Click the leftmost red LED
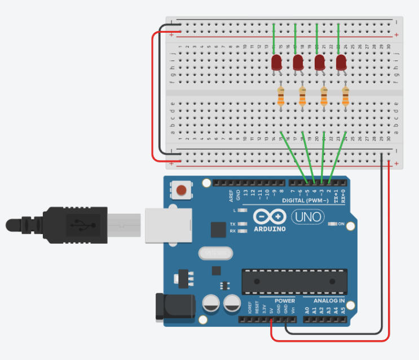pos(276,62)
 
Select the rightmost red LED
pos(341,62)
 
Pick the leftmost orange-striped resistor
pos(281,96)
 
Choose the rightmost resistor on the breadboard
pos(345,96)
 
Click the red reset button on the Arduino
pos(182,190)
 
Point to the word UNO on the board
pos(308,217)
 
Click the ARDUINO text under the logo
pos(270,229)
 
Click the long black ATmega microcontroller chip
pos(293,281)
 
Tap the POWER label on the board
pos(285,301)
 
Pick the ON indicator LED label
pos(341,224)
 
